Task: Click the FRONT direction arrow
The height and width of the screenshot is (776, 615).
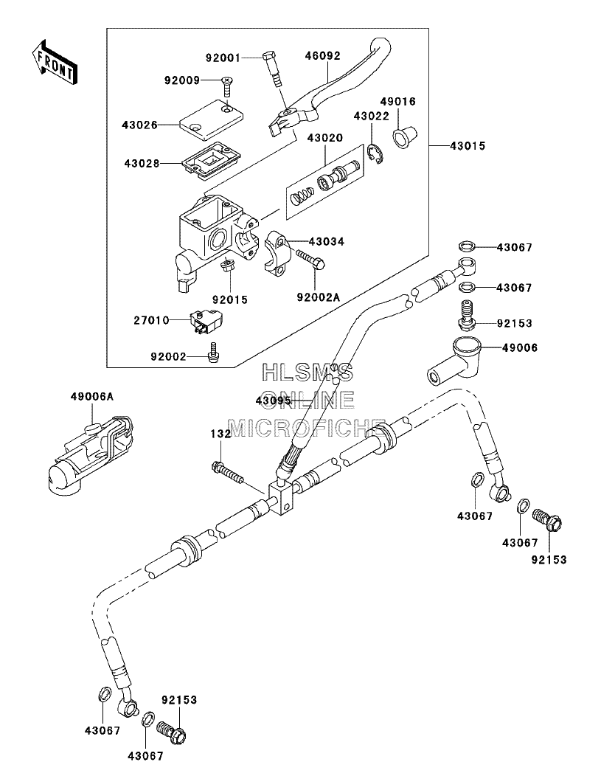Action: (x=54, y=63)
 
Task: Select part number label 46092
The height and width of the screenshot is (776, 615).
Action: (x=322, y=55)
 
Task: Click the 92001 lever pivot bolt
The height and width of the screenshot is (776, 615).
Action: (x=274, y=69)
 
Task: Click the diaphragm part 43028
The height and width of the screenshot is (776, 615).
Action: (x=212, y=160)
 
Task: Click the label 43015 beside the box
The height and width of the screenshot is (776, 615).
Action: (x=468, y=146)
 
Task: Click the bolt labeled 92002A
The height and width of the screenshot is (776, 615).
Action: (x=310, y=259)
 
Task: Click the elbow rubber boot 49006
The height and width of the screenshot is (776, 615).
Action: (x=454, y=361)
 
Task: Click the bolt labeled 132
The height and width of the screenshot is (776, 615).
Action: (x=228, y=473)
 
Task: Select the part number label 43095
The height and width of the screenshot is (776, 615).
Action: (x=273, y=401)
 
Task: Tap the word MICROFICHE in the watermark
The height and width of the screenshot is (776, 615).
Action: (x=306, y=428)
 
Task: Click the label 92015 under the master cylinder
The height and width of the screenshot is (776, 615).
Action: (x=230, y=300)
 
